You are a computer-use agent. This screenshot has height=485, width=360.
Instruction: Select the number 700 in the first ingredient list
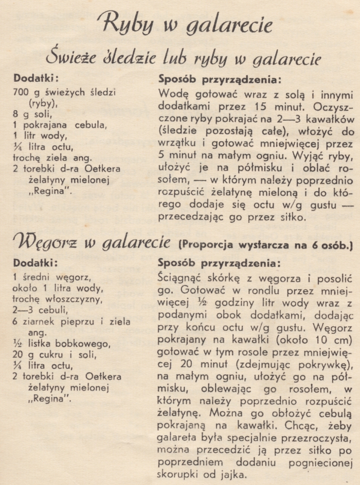click(22, 93)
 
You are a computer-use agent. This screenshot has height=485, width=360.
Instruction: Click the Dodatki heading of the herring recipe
click(36, 79)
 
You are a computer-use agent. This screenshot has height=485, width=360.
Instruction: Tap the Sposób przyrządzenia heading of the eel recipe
click(219, 263)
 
